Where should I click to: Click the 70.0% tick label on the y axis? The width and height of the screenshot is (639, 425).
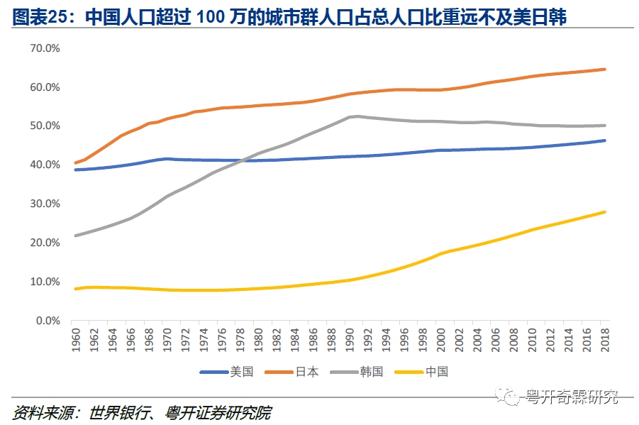point(44,48)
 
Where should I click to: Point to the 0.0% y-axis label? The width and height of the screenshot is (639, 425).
point(47,321)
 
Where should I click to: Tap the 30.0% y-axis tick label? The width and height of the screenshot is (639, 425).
point(44,204)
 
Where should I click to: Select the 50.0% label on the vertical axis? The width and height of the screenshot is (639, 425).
point(44,126)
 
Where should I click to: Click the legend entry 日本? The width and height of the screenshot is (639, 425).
point(307,372)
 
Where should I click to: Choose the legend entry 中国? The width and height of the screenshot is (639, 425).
point(437,372)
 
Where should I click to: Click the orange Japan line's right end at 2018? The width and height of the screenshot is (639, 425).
point(604,69)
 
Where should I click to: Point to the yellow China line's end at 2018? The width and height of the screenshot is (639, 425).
point(604,211)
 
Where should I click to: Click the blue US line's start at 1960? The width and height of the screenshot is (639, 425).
point(75,170)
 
